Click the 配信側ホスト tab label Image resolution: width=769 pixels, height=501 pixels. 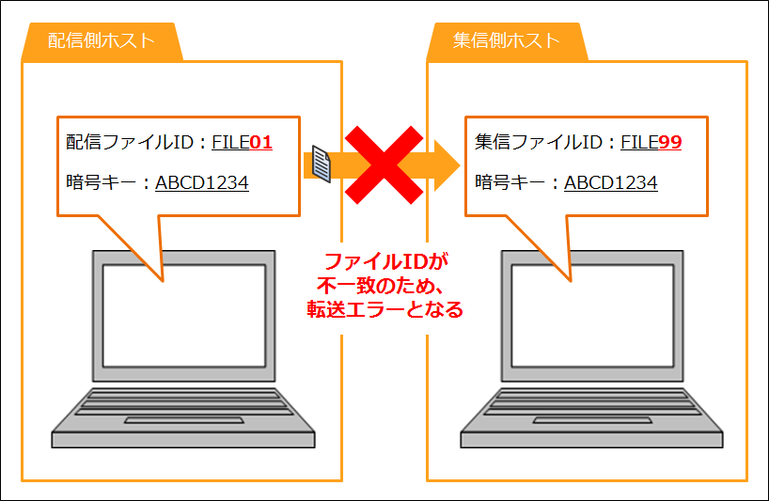(x=102, y=40)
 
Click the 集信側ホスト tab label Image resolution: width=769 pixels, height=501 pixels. (x=507, y=40)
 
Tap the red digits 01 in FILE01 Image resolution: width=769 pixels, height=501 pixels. (x=261, y=142)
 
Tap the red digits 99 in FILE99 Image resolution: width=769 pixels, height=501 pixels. (x=670, y=142)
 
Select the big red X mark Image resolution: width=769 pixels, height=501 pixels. (x=384, y=164)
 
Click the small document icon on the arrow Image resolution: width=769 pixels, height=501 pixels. (x=322, y=164)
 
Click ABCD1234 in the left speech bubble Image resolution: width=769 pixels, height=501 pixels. (x=202, y=183)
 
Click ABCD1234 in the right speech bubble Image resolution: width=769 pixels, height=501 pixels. (x=610, y=183)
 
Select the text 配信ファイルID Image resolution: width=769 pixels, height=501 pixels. (x=130, y=142)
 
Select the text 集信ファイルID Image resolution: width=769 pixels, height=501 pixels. (x=539, y=142)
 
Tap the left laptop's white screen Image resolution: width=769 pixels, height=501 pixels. (x=184, y=316)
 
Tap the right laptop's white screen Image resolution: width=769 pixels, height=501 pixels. (x=592, y=316)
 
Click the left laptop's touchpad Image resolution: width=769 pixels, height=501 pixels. (x=184, y=420)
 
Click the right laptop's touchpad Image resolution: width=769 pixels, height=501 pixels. (x=592, y=420)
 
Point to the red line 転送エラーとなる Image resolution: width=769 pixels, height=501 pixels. (x=385, y=309)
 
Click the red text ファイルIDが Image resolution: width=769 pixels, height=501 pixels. (x=386, y=261)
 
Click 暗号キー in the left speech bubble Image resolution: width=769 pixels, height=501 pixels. (x=101, y=183)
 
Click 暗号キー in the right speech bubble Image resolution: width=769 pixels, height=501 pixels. (x=510, y=183)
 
